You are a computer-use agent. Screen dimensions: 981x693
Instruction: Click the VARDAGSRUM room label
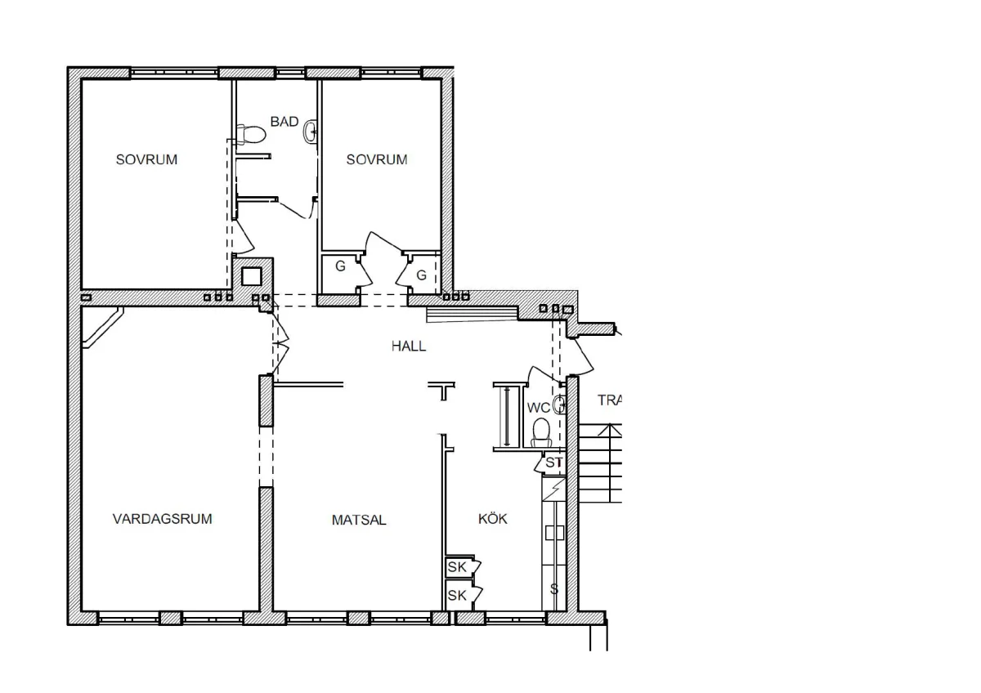[x=162, y=519]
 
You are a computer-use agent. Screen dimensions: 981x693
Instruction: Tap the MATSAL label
[x=359, y=520]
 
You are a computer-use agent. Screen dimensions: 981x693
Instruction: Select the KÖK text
[x=493, y=518]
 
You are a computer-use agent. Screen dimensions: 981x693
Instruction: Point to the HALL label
[x=409, y=346]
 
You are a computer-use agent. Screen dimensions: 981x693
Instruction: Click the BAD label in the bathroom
[x=284, y=121]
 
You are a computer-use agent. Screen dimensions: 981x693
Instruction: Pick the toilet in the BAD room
[x=250, y=134]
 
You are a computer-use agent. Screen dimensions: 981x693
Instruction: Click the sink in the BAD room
[x=311, y=131]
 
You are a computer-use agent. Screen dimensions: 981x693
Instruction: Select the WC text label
[x=538, y=408]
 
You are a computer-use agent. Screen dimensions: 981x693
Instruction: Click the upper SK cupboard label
[x=457, y=567]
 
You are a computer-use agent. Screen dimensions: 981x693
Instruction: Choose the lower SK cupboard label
[x=457, y=595]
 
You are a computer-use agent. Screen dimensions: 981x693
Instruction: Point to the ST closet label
[x=554, y=463]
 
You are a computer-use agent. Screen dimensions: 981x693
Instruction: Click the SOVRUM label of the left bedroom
[x=146, y=159]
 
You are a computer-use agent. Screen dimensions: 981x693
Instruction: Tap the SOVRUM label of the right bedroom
[x=377, y=159]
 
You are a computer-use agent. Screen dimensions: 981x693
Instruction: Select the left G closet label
[x=340, y=266]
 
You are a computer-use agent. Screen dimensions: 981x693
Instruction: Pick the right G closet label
[x=421, y=275]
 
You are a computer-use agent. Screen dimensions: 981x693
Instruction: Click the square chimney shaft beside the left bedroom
[x=252, y=276]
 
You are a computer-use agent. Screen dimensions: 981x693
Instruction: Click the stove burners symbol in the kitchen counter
[x=554, y=533]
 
